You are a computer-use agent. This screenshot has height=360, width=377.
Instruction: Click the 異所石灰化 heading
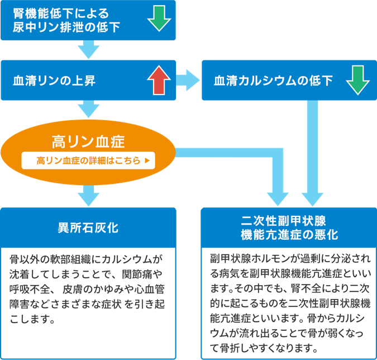click(88, 228)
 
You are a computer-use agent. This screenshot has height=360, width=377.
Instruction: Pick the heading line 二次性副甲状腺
click(289, 219)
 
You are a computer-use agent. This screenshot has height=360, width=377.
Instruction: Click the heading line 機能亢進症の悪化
click(289, 235)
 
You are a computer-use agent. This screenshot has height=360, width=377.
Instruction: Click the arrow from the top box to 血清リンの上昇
click(88, 50)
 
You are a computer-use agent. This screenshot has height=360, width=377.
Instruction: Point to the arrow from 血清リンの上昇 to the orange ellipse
click(88, 109)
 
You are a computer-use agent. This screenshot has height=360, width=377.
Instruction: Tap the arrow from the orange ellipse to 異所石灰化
click(88, 196)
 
